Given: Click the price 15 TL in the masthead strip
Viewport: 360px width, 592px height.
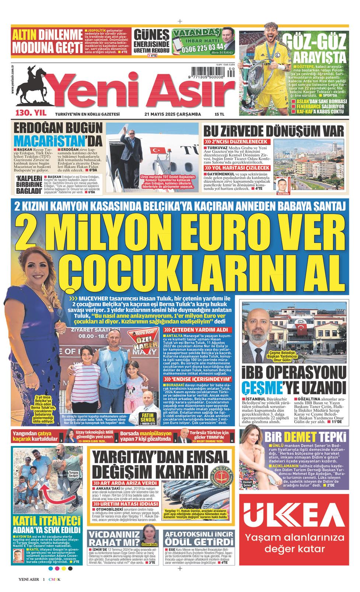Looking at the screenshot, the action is click(219, 114).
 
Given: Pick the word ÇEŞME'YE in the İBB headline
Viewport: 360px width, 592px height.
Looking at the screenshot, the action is click(266, 388).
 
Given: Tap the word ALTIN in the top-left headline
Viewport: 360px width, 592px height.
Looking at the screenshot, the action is click(25, 35).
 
